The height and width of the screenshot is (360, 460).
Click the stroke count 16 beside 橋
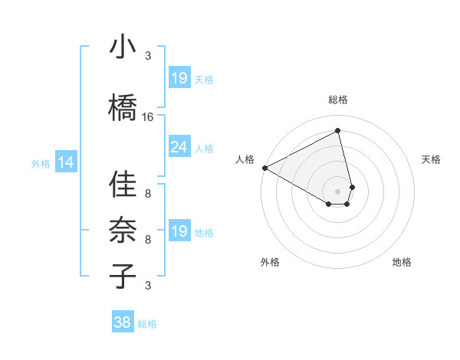148,117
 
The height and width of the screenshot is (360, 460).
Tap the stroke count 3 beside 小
148,56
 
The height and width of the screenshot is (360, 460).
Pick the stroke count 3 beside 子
148,286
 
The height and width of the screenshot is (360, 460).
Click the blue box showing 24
179,147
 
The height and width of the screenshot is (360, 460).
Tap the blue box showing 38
122,323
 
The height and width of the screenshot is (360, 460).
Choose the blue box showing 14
66,162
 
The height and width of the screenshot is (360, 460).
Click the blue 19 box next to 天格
179,78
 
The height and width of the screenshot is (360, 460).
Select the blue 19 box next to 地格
179,231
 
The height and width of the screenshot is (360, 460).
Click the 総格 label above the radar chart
338,100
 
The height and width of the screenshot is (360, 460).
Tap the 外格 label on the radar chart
270,262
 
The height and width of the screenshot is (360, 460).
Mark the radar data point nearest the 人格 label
264,168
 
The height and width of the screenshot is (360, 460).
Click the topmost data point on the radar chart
338,131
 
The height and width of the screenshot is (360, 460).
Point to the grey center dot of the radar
337,190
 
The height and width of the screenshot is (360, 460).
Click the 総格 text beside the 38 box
148,324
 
